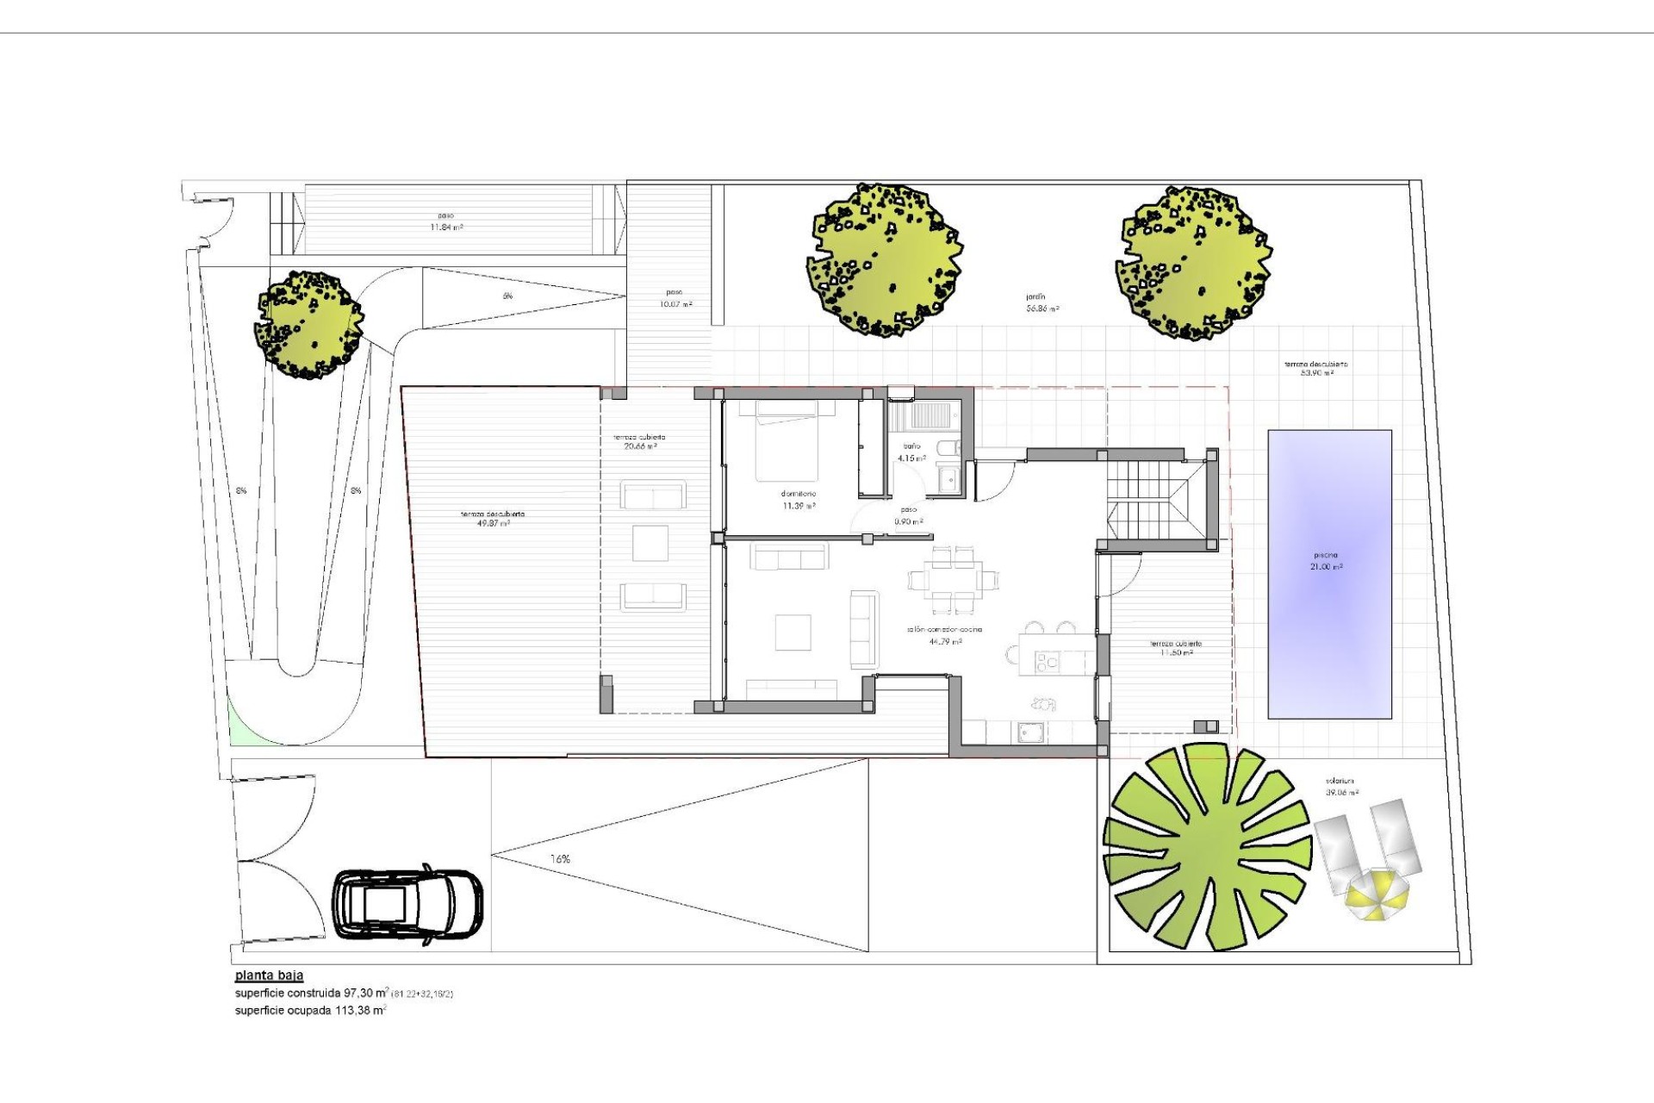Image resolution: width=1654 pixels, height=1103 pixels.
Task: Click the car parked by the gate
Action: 408,906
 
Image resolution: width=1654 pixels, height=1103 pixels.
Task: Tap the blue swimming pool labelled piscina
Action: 1329,574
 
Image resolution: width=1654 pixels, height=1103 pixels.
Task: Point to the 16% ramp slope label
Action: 560,859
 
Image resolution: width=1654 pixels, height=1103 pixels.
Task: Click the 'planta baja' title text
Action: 269,976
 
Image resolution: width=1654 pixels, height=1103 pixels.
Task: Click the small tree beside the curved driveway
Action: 309,326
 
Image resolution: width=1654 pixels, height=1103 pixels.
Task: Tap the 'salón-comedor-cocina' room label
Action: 945,635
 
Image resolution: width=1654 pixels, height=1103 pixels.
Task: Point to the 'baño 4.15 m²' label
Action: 911,452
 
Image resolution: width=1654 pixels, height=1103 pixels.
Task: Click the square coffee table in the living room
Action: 793,632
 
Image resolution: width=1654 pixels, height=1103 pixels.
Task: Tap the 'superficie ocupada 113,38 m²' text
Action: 310,1011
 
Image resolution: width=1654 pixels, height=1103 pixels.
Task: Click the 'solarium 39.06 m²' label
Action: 1342,787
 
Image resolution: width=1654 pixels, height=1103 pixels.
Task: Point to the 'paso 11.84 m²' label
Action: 446,221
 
